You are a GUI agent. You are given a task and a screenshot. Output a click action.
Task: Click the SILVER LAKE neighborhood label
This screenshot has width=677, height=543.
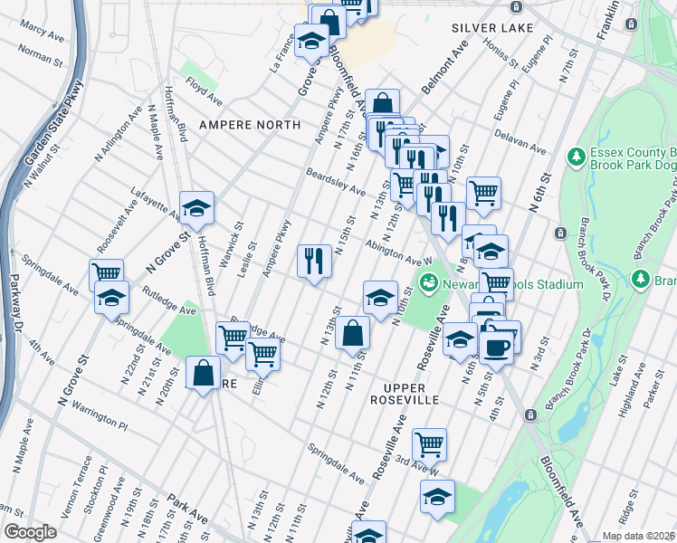coord(493,28)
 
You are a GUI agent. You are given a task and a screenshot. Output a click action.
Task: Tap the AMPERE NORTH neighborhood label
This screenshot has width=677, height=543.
coord(250,125)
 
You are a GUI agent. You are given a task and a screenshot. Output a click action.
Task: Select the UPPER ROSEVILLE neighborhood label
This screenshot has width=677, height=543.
coord(405,399)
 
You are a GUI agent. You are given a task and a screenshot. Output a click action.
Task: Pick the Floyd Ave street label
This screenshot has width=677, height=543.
coord(204,91)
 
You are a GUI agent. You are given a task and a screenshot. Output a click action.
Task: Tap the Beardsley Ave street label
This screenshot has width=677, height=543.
coord(335,184)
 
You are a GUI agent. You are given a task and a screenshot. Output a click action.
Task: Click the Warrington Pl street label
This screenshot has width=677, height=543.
coord(102,419)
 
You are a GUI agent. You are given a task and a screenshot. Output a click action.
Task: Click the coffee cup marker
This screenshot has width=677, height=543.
coord(496,346)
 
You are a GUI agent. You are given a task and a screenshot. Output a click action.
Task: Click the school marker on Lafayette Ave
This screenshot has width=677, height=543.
coord(196,208)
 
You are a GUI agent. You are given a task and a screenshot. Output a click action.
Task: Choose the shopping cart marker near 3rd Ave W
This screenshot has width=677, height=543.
coord(429,443)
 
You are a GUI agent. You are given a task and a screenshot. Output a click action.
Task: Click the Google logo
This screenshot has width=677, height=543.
coord(30,532)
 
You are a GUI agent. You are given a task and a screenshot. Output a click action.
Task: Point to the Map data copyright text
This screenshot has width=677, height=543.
coord(637,536)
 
